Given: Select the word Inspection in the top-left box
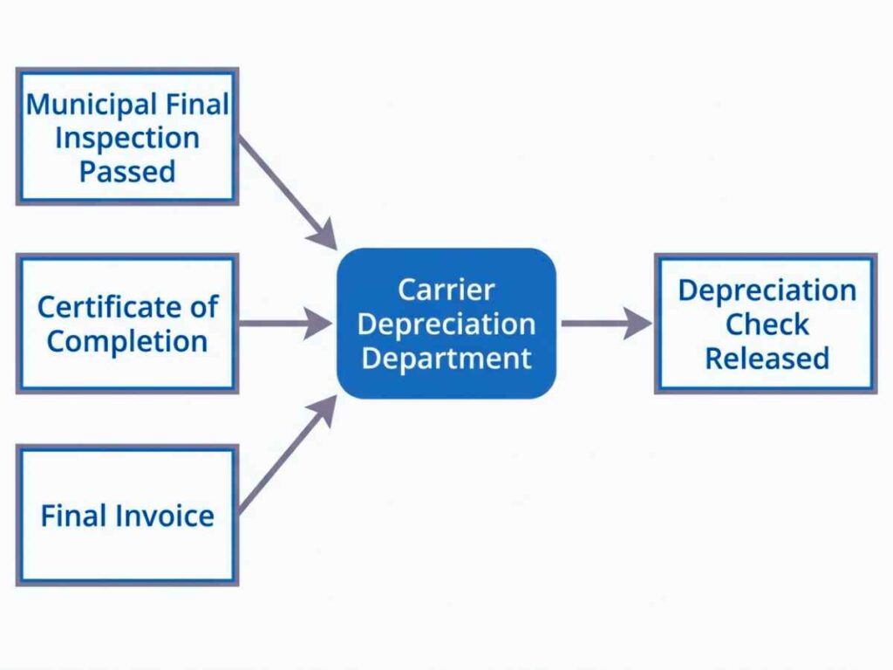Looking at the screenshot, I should (127, 138).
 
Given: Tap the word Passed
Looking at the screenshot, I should (127, 171).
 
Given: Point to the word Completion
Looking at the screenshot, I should (127, 341).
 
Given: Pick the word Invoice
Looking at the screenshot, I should (167, 516).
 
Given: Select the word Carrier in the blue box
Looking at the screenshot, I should (446, 290).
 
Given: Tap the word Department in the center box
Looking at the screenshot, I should (446, 358).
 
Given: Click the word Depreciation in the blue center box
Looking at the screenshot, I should (446, 324).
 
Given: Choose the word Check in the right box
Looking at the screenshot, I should (767, 325).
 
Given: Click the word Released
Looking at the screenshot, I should (767, 359).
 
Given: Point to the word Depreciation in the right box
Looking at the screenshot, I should (767, 291).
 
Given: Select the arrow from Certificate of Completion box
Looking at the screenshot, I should (284, 324).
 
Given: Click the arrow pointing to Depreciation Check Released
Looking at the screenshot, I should (606, 324).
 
